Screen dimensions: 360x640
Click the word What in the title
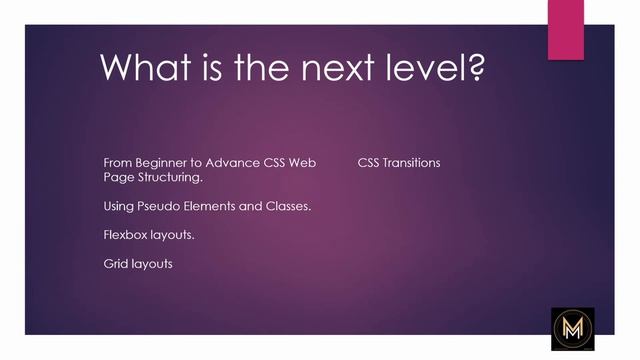click(147, 68)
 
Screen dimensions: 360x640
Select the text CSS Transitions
click(398, 162)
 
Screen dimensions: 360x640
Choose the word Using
click(118, 206)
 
